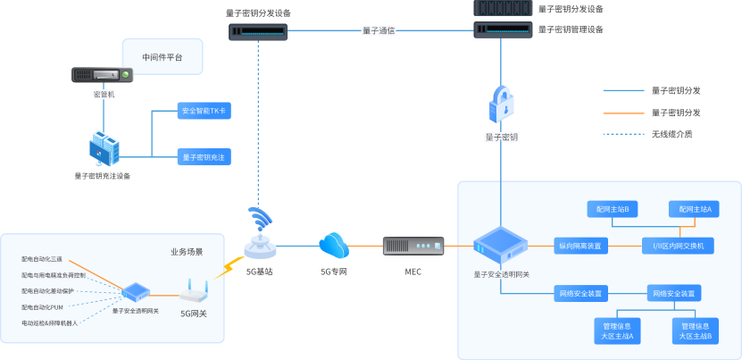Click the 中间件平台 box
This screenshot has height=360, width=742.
click(162, 57)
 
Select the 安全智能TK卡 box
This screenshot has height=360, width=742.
click(204, 112)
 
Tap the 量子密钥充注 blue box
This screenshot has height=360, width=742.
click(204, 156)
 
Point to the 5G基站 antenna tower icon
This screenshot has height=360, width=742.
click(260, 235)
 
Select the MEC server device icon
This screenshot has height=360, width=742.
click(413, 246)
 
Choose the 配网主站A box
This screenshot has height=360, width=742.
click(694, 209)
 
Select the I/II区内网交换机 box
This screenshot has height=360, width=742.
click(678, 245)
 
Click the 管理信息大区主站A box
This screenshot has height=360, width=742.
click(618, 331)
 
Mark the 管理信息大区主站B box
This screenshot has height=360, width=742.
click(696, 331)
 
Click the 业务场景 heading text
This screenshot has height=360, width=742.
click(187, 252)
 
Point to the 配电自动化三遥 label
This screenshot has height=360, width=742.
click(42, 260)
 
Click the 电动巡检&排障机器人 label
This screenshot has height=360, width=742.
click(49, 322)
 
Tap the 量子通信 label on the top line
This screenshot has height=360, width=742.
click(379, 30)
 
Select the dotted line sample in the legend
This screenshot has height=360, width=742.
click(622, 134)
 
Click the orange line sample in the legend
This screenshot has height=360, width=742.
click(622, 113)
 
